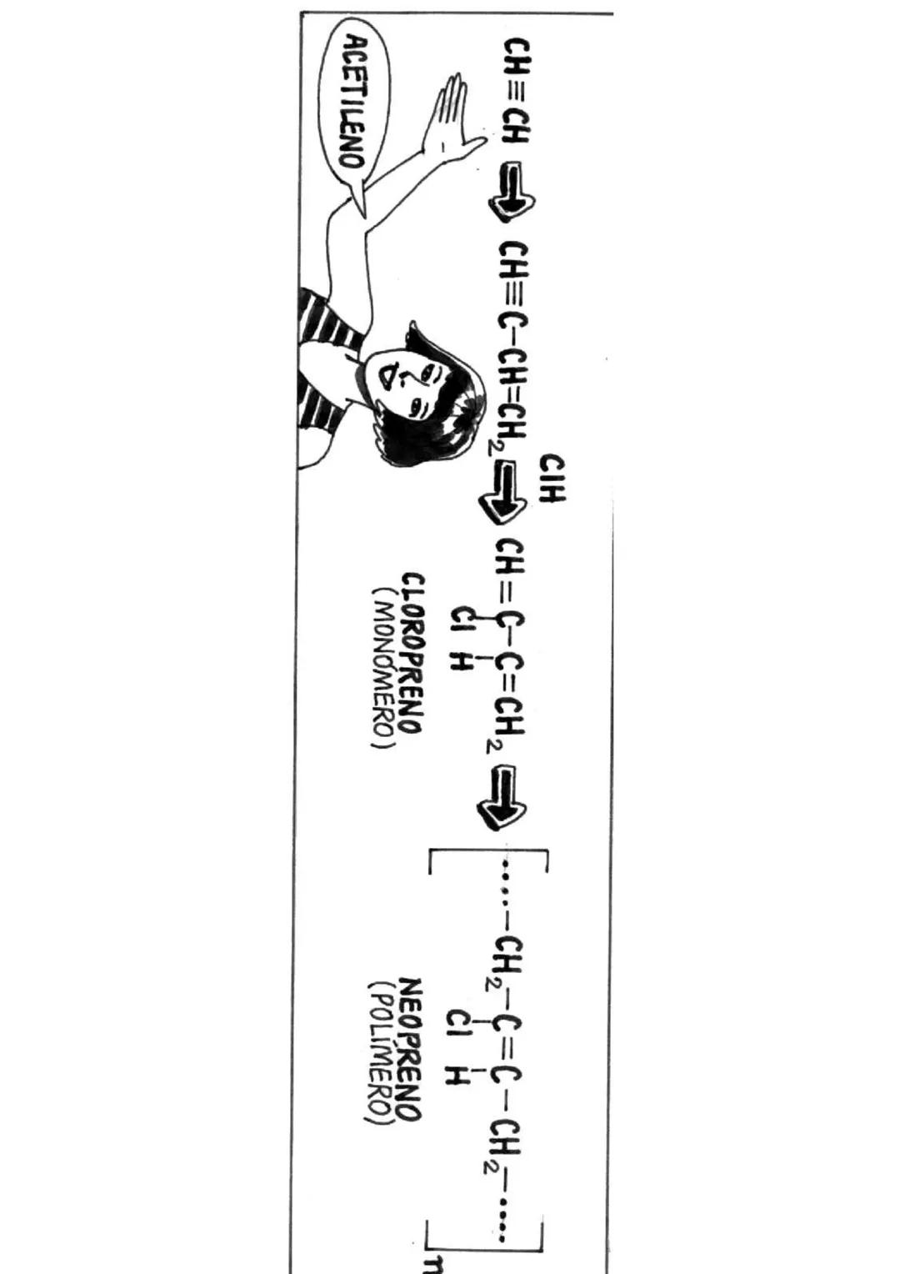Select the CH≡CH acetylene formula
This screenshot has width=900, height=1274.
coord(515,91)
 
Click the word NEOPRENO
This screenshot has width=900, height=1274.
coord(410,1049)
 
